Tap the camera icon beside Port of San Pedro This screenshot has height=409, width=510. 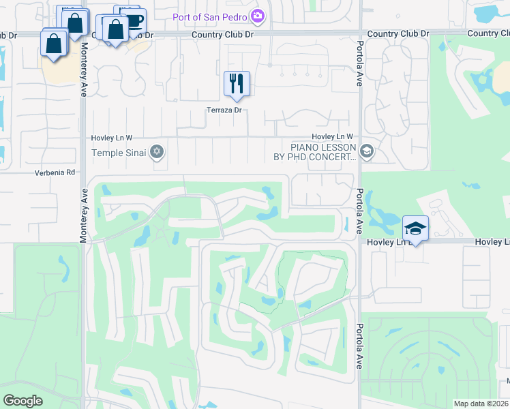pyautogui.click(x=258, y=15)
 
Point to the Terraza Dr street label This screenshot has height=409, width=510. pyautogui.click(x=224, y=110)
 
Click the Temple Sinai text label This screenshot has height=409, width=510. pyautogui.click(x=119, y=152)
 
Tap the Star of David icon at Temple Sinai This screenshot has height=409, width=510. pyautogui.click(x=157, y=151)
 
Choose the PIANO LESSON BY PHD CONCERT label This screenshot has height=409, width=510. pyautogui.click(x=324, y=152)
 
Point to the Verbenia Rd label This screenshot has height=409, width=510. pyautogui.click(x=55, y=173)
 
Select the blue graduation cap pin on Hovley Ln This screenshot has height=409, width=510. pyautogui.click(x=415, y=228)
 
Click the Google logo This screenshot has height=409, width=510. pyautogui.click(x=22, y=401)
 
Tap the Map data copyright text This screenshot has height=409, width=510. pyautogui.click(x=481, y=404)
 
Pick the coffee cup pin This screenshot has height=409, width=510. pyautogui.click(x=134, y=20)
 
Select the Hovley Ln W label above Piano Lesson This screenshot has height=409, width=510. pyautogui.click(x=333, y=137)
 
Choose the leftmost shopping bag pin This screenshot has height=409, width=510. pyautogui.click(x=53, y=44)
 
